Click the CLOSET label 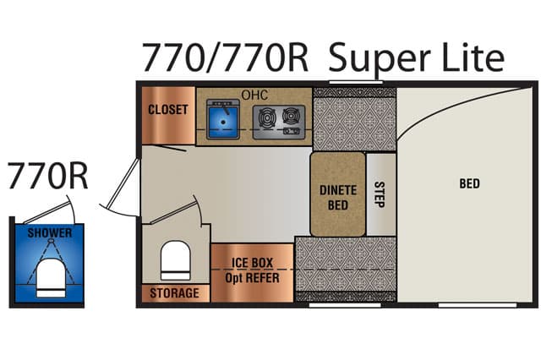coord(168,110)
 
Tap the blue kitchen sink coord(223,119)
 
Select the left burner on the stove coord(266,117)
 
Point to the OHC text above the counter coord(254,95)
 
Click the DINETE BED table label coord(338,198)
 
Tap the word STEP coord(380,194)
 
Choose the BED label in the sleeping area coord(470,183)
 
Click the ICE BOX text coord(252,263)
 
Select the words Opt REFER coord(252,277)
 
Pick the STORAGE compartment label coord(175,293)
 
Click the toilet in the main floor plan coord(175,260)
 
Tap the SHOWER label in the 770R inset coord(50,232)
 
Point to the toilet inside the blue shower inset coord(51,278)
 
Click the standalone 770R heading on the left coord(47,177)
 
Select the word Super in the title coord(380,58)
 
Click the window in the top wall coord(356,83)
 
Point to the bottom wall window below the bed coord(478,305)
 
